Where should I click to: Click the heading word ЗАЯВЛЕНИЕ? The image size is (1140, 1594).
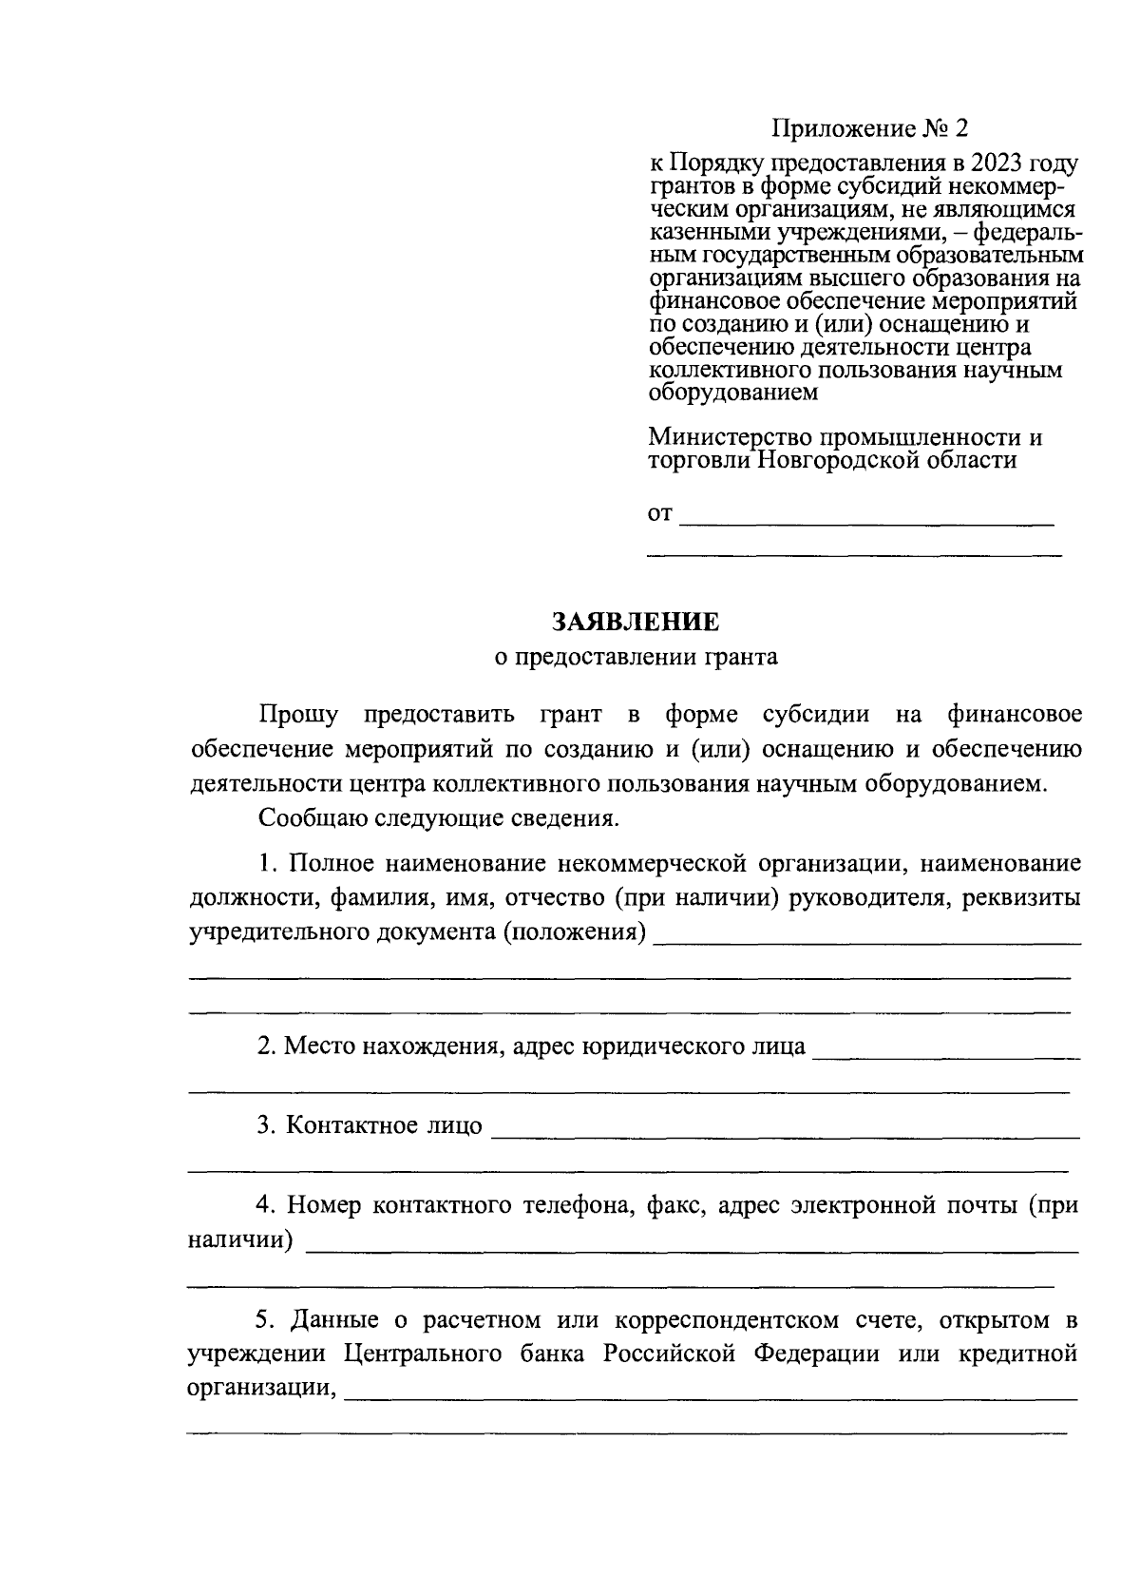point(636,622)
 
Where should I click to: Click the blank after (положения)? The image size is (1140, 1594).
point(866,939)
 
